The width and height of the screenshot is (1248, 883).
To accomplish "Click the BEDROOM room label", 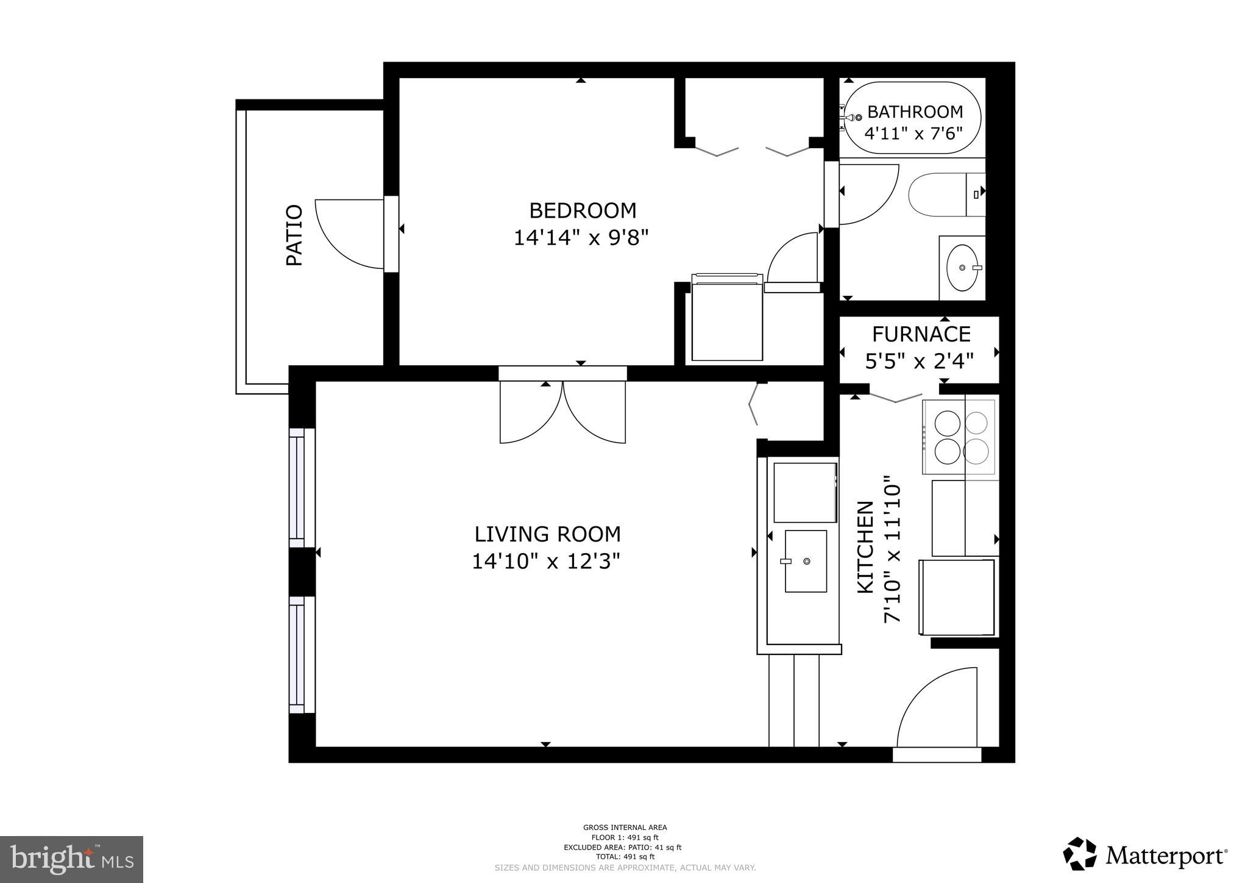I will (583, 210).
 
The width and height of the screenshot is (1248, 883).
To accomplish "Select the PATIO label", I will (294, 235).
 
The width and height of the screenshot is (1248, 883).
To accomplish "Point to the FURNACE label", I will (921, 334).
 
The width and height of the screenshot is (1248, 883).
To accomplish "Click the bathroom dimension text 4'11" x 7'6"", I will (913, 132).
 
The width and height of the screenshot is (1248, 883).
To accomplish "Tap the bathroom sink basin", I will (963, 268).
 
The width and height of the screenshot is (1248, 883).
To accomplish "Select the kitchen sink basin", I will (806, 561).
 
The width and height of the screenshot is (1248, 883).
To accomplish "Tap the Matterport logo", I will (1145, 855).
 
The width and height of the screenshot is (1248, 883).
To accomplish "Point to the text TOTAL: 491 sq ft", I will (625, 856).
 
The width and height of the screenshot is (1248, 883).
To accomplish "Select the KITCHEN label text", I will (865, 547).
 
